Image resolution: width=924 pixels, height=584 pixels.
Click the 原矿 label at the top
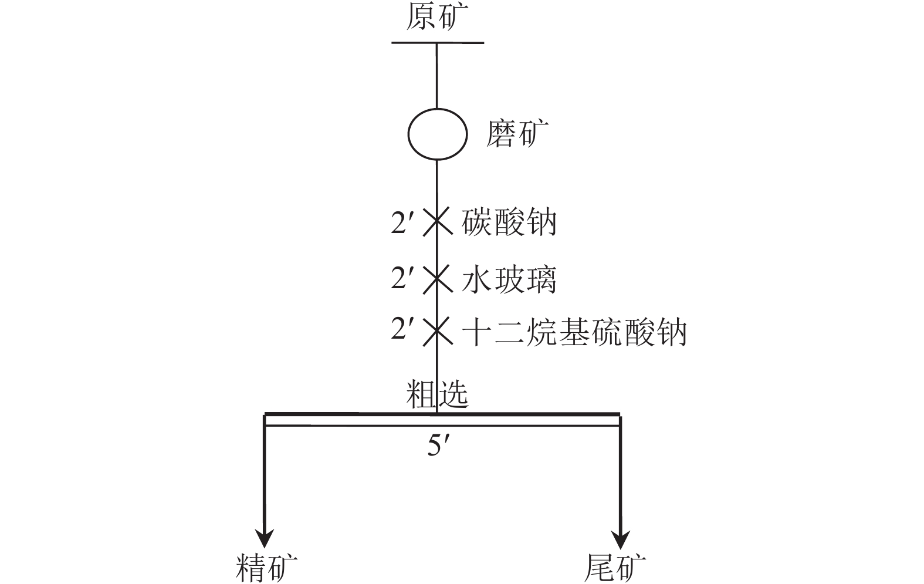[x=437, y=17]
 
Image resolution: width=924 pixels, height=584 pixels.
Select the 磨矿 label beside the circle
[x=517, y=133]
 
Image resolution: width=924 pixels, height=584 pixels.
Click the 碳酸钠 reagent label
[x=509, y=222]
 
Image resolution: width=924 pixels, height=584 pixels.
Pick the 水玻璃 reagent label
[x=509, y=279]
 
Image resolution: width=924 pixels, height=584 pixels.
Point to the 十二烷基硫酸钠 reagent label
[x=574, y=332]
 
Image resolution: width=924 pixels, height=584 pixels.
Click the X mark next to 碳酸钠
[x=438, y=222]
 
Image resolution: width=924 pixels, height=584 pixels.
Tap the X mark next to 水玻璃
[x=438, y=279]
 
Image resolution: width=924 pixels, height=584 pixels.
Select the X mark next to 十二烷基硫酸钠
[x=438, y=331]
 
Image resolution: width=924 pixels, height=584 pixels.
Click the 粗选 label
[x=437, y=394]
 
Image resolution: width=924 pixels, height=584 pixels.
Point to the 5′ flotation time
[x=440, y=445]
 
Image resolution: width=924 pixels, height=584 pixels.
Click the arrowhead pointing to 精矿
[x=265, y=538]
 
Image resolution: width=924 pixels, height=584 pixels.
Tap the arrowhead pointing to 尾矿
[x=621, y=538]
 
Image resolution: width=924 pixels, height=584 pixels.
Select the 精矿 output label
[x=266, y=568]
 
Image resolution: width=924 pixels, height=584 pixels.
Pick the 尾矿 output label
[x=615, y=568]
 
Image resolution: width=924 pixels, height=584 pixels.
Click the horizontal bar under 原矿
[x=438, y=42]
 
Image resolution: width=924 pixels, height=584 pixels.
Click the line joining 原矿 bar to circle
[x=437, y=76]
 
